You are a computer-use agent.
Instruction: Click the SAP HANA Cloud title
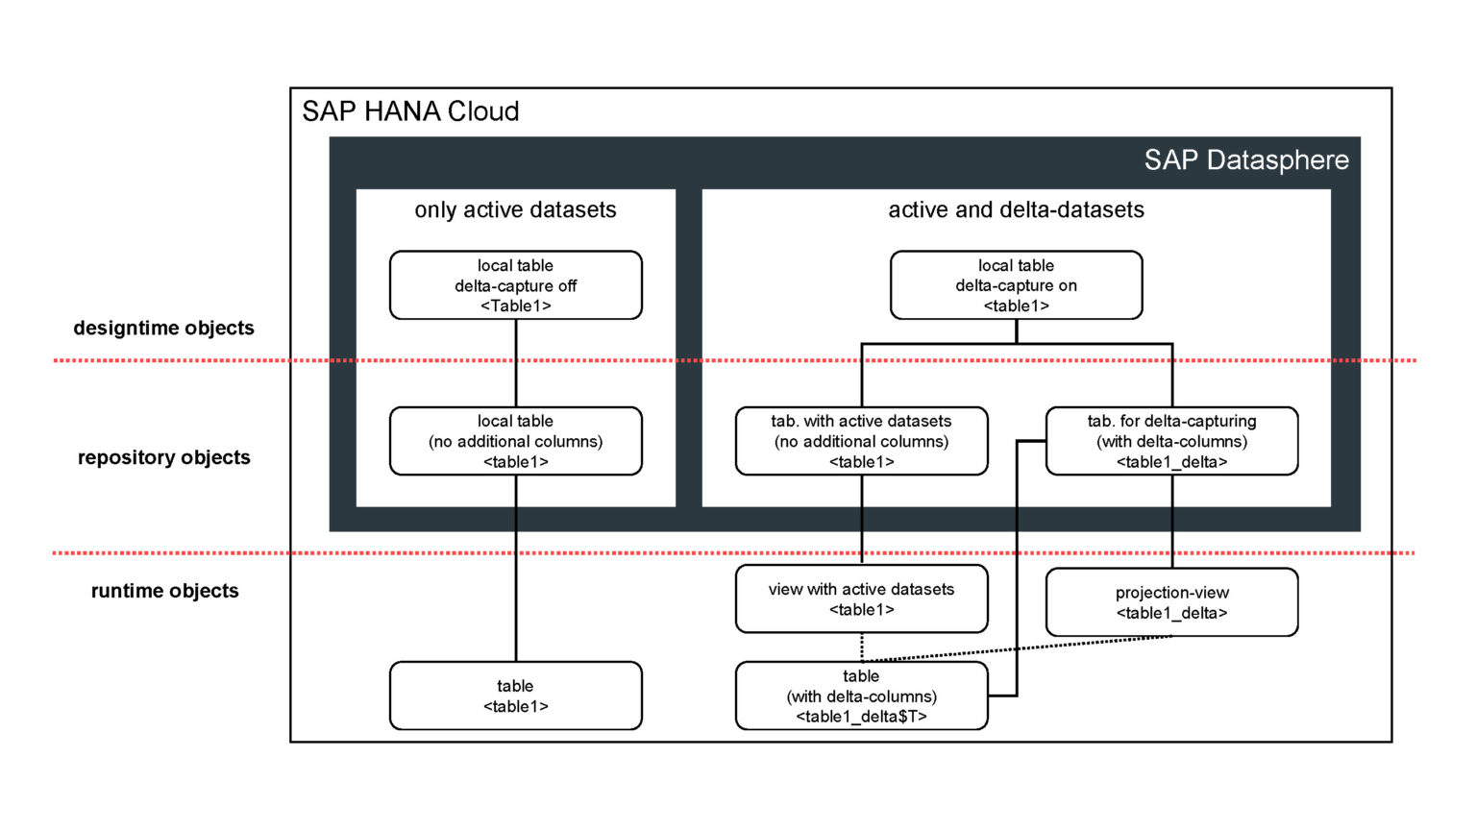click(x=410, y=111)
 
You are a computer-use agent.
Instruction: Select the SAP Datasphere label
click(x=1245, y=159)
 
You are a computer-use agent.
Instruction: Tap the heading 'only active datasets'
click(x=515, y=209)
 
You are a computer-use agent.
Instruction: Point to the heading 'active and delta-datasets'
click(x=1016, y=209)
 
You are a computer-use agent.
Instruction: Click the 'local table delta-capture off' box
click(x=515, y=285)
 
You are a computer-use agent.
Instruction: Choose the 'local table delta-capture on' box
click(x=1016, y=285)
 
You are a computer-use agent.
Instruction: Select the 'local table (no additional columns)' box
click(x=515, y=441)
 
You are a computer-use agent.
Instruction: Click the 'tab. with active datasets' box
click(x=861, y=441)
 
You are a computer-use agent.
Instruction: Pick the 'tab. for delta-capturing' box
click(x=1171, y=441)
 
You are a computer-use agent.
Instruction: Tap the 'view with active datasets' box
click(x=861, y=599)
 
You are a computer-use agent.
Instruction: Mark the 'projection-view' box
click(x=1171, y=602)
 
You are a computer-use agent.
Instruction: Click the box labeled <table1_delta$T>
click(x=861, y=696)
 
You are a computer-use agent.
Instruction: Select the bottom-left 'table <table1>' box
click(x=515, y=696)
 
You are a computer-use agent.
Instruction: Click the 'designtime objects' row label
click(x=163, y=328)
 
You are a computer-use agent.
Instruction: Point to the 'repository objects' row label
click(x=163, y=457)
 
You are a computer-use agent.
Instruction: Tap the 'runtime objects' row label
click(x=164, y=591)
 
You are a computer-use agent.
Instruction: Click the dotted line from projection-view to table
click(x=1019, y=649)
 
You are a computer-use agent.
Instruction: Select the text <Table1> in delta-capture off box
click(x=515, y=306)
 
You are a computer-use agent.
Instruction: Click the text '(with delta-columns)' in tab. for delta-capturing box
click(x=1171, y=442)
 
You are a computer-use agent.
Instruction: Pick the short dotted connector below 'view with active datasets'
click(x=862, y=647)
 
